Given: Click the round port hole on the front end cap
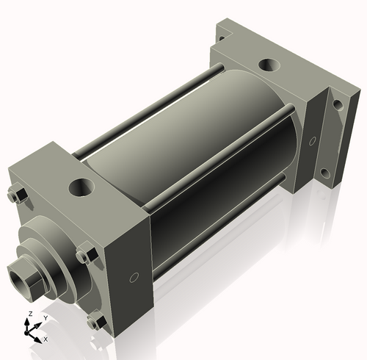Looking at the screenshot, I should point(79,187).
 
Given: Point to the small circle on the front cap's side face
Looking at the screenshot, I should point(134,277).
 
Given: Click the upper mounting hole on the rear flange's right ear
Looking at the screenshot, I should point(337,105).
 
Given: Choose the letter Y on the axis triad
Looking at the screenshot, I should point(46,317).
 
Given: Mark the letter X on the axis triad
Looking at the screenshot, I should point(46,339).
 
